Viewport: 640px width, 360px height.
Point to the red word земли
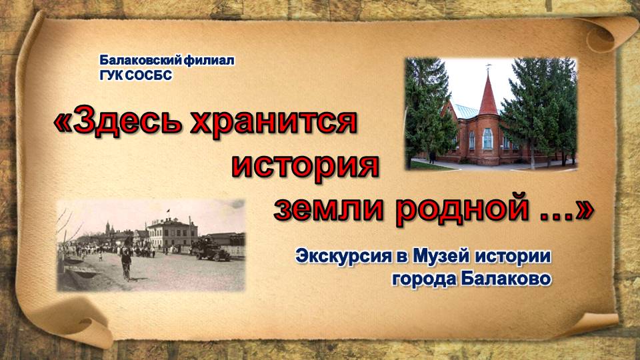click(329, 209)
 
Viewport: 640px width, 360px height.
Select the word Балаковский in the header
click(141, 61)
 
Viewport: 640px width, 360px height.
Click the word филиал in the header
click(209, 61)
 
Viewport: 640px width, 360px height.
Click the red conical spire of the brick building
click(488, 93)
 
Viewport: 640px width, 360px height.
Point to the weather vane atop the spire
click(488, 67)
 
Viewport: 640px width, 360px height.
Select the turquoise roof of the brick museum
click(465, 111)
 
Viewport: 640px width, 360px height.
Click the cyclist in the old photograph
click(127, 263)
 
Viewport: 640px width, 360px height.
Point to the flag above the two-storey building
click(168, 211)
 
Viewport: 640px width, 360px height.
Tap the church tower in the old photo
click(108, 227)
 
